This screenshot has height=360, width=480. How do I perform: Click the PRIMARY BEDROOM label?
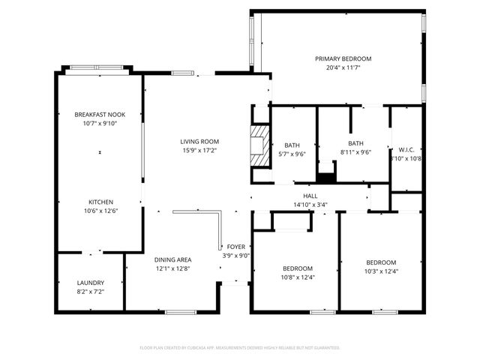343,58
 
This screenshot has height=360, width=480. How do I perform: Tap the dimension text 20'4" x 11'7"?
343,67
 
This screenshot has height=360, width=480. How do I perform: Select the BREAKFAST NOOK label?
100,114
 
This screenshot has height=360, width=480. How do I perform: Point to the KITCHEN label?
100,202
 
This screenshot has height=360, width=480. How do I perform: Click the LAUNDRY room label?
90,283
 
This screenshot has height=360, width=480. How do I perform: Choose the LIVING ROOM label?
199,141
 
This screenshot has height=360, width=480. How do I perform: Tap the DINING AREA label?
173,259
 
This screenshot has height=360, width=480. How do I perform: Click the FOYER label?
237,245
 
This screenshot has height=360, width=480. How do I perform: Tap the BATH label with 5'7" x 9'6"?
292,145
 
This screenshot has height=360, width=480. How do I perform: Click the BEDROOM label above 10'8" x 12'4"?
297,268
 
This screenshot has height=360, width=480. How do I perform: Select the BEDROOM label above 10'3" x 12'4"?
381,262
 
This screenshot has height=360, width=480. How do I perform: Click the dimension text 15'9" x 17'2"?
199,150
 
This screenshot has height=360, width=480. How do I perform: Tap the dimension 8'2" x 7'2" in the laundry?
90,291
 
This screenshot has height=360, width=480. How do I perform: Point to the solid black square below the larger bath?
326,178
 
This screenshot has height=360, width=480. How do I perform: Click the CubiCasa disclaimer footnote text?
240,347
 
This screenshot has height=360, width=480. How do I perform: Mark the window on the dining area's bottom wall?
181,311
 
